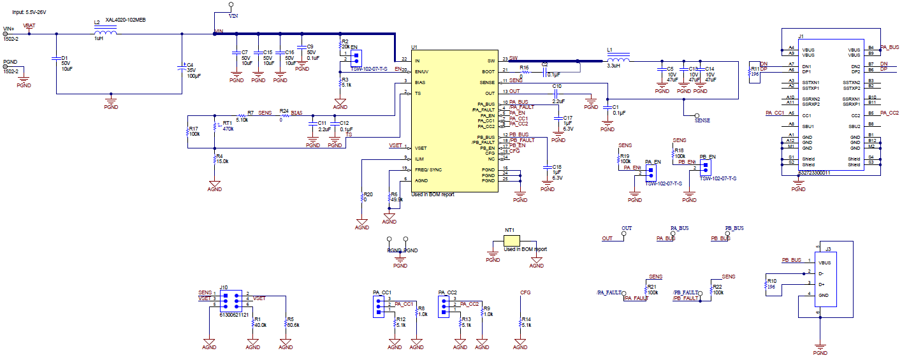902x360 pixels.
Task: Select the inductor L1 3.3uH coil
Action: click(x=618, y=61)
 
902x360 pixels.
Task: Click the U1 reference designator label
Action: click(x=414, y=47)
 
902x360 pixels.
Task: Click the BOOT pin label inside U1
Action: click(x=488, y=71)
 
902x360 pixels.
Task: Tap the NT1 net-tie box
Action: click(x=511, y=240)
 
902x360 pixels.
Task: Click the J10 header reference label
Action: click(x=223, y=287)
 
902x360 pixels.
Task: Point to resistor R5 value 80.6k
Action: click(x=294, y=325)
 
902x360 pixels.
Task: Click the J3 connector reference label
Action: click(x=828, y=250)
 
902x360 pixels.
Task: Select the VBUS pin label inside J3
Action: click(x=824, y=263)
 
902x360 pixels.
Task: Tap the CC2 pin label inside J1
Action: click(x=855, y=115)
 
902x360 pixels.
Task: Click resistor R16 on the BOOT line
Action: click(x=525, y=72)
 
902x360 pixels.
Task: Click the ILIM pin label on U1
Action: click(x=419, y=159)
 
